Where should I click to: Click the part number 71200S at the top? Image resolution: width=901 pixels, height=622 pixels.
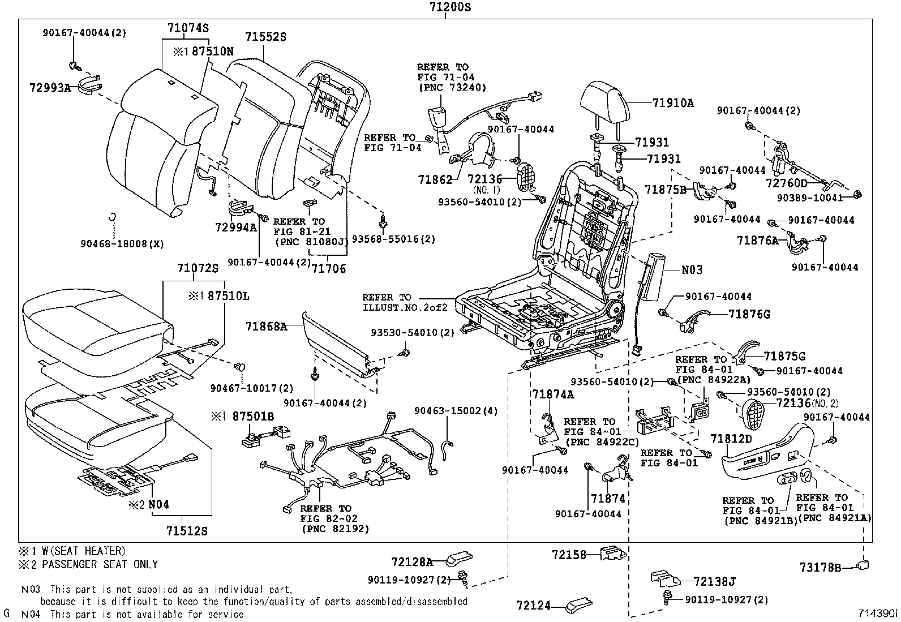point(450,7)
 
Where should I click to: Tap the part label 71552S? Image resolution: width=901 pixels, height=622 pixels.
point(266,37)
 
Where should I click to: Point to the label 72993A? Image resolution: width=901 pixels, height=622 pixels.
point(50,87)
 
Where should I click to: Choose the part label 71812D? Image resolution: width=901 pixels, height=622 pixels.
point(731,439)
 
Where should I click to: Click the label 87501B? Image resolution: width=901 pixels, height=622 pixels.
point(253,417)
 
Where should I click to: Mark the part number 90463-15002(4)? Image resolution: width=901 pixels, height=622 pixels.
point(456,411)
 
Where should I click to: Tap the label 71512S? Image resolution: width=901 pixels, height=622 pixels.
point(187,531)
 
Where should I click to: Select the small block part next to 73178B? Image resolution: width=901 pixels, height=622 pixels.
point(863,565)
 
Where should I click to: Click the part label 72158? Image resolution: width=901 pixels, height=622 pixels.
point(569,555)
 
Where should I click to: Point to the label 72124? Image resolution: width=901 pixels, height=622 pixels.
point(534,605)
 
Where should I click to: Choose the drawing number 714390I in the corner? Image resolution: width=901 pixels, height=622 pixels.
point(878,613)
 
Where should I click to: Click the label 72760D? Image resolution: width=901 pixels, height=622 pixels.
point(786,183)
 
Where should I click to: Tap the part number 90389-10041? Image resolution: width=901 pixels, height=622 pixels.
point(810,198)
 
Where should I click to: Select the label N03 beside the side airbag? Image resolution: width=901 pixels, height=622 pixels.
point(692,269)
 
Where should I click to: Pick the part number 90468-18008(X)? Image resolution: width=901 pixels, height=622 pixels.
point(122,244)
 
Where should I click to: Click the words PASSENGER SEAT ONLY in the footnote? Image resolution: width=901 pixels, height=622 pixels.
point(100,564)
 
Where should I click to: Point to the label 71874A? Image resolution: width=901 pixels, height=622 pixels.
point(553,394)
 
